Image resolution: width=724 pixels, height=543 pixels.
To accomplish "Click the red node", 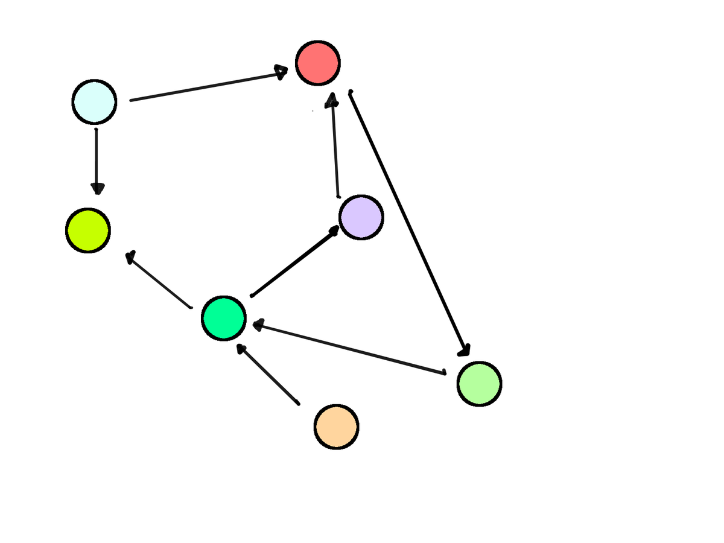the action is [x=318, y=63].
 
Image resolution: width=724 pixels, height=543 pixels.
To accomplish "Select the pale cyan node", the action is [x=94, y=102].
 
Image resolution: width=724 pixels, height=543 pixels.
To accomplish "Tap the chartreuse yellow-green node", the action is [x=88, y=230].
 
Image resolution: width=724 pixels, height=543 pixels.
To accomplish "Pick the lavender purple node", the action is [x=361, y=217].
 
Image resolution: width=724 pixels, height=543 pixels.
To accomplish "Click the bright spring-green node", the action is [x=224, y=318].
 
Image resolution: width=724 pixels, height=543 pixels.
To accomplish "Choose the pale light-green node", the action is [x=479, y=384].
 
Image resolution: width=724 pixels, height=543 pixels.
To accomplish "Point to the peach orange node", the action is [x=336, y=427].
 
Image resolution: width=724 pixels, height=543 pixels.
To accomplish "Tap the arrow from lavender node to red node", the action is [x=334, y=145].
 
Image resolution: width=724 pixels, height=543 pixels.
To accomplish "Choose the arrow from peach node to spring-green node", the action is [x=268, y=374].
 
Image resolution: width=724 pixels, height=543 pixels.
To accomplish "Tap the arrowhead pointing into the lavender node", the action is [x=333, y=230].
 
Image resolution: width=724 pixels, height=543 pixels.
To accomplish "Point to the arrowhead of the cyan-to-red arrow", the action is [x=281, y=72].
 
